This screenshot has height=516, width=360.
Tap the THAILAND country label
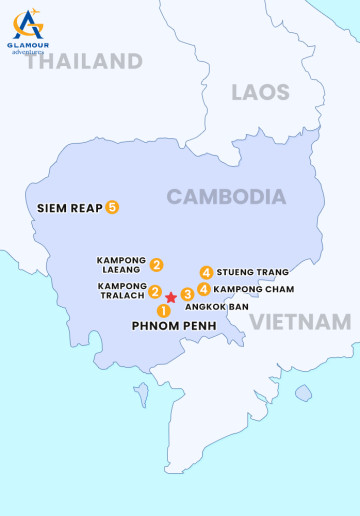[x=84, y=62]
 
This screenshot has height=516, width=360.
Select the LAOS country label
[x=260, y=93]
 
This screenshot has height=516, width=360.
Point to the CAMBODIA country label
[x=226, y=197]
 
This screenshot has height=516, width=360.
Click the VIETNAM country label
[x=300, y=322]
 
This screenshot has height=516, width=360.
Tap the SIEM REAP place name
[x=69, y=208]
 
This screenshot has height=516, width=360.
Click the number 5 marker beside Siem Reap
[x=112, y=207]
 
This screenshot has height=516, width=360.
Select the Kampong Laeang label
[x=121, y=265]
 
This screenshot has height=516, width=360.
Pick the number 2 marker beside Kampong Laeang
[x=157, y=265]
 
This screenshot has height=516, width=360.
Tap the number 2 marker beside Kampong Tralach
[x=155, y=292]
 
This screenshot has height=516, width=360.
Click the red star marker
[x=171, y=297]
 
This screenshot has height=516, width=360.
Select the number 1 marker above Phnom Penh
[x=164, y=311]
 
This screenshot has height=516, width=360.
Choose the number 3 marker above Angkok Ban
[x=187, y=294]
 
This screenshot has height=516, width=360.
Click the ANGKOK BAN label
[x=217, y=307]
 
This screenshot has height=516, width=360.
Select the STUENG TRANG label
[x=253, y=272]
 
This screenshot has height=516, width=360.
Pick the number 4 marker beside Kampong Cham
[x=204, y=289]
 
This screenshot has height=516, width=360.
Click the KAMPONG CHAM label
[x=255, y=289]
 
